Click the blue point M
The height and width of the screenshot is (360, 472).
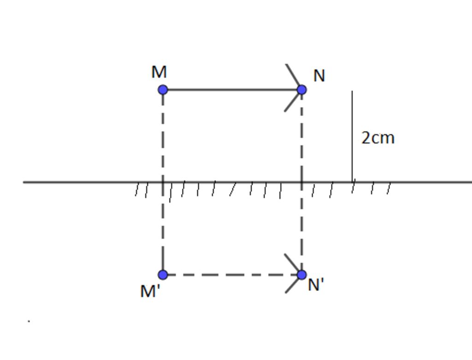tap(163, 90)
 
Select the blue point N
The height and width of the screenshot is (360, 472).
tap(301, 90)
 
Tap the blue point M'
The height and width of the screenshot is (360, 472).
tap(163, 275)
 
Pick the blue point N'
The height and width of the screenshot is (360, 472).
tap(301, 275)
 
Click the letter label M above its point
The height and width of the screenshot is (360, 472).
tap(159, 72)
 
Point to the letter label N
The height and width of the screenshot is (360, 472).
tap(319, 76)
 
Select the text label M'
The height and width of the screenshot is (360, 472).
tap(150, 291)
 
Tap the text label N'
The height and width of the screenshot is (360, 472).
tap(316, 284)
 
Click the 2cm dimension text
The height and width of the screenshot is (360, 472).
tap(378, 138)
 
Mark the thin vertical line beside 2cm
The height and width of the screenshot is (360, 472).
tap(352, 136)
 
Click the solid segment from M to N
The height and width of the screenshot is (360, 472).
tap(232, 90)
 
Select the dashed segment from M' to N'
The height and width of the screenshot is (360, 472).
tap(232, 275)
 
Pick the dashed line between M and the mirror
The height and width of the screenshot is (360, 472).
tap(163, 136)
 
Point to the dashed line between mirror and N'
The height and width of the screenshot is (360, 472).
tap(301, 228)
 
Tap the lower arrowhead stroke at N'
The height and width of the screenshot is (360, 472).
tap(293, 284)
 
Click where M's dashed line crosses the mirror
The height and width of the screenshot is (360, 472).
tap(163, 182)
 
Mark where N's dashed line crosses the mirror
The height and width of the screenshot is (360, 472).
tap(301, 182)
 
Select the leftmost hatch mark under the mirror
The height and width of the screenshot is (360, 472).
tap(137, 190)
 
